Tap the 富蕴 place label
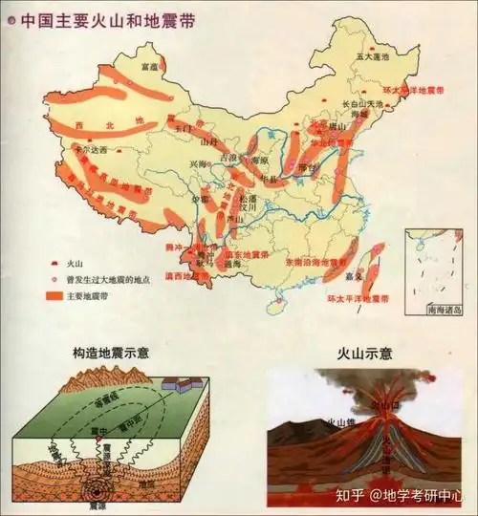(x=148, y=67)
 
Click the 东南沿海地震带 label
(x=316, y=261)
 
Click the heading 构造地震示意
(x=109, y=353)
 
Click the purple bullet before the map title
(x=11, y=18)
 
